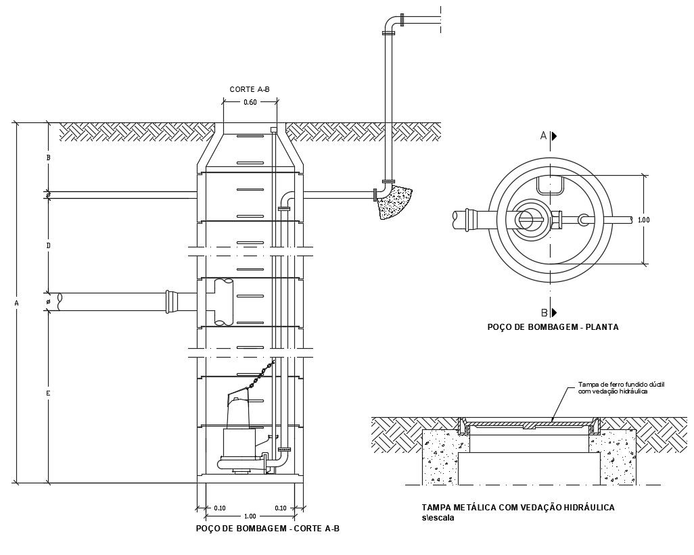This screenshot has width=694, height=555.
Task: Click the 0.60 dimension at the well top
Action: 250,103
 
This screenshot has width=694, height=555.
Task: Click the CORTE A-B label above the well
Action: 250,89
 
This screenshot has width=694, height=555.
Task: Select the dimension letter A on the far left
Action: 17,304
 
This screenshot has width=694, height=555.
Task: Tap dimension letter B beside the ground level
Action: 48,158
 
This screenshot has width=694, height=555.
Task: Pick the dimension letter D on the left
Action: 48,245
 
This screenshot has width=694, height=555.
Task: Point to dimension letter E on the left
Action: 48,393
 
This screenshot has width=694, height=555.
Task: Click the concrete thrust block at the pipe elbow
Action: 394,202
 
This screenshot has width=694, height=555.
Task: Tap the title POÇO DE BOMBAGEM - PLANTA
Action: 553,327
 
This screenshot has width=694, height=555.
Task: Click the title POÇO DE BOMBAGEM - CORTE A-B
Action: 267,529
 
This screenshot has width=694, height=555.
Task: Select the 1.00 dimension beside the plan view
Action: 644,220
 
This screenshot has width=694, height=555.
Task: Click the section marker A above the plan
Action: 543,136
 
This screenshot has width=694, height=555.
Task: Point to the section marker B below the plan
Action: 544,312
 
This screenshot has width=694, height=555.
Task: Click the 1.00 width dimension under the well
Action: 250,516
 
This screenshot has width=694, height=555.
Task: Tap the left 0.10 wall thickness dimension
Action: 219,508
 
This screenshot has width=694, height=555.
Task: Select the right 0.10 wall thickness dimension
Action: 281,508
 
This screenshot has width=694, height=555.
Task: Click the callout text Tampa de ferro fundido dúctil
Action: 621,384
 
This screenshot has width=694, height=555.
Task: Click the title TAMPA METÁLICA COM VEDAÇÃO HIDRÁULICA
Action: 517,508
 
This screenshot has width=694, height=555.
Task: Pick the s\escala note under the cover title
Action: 438,518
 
